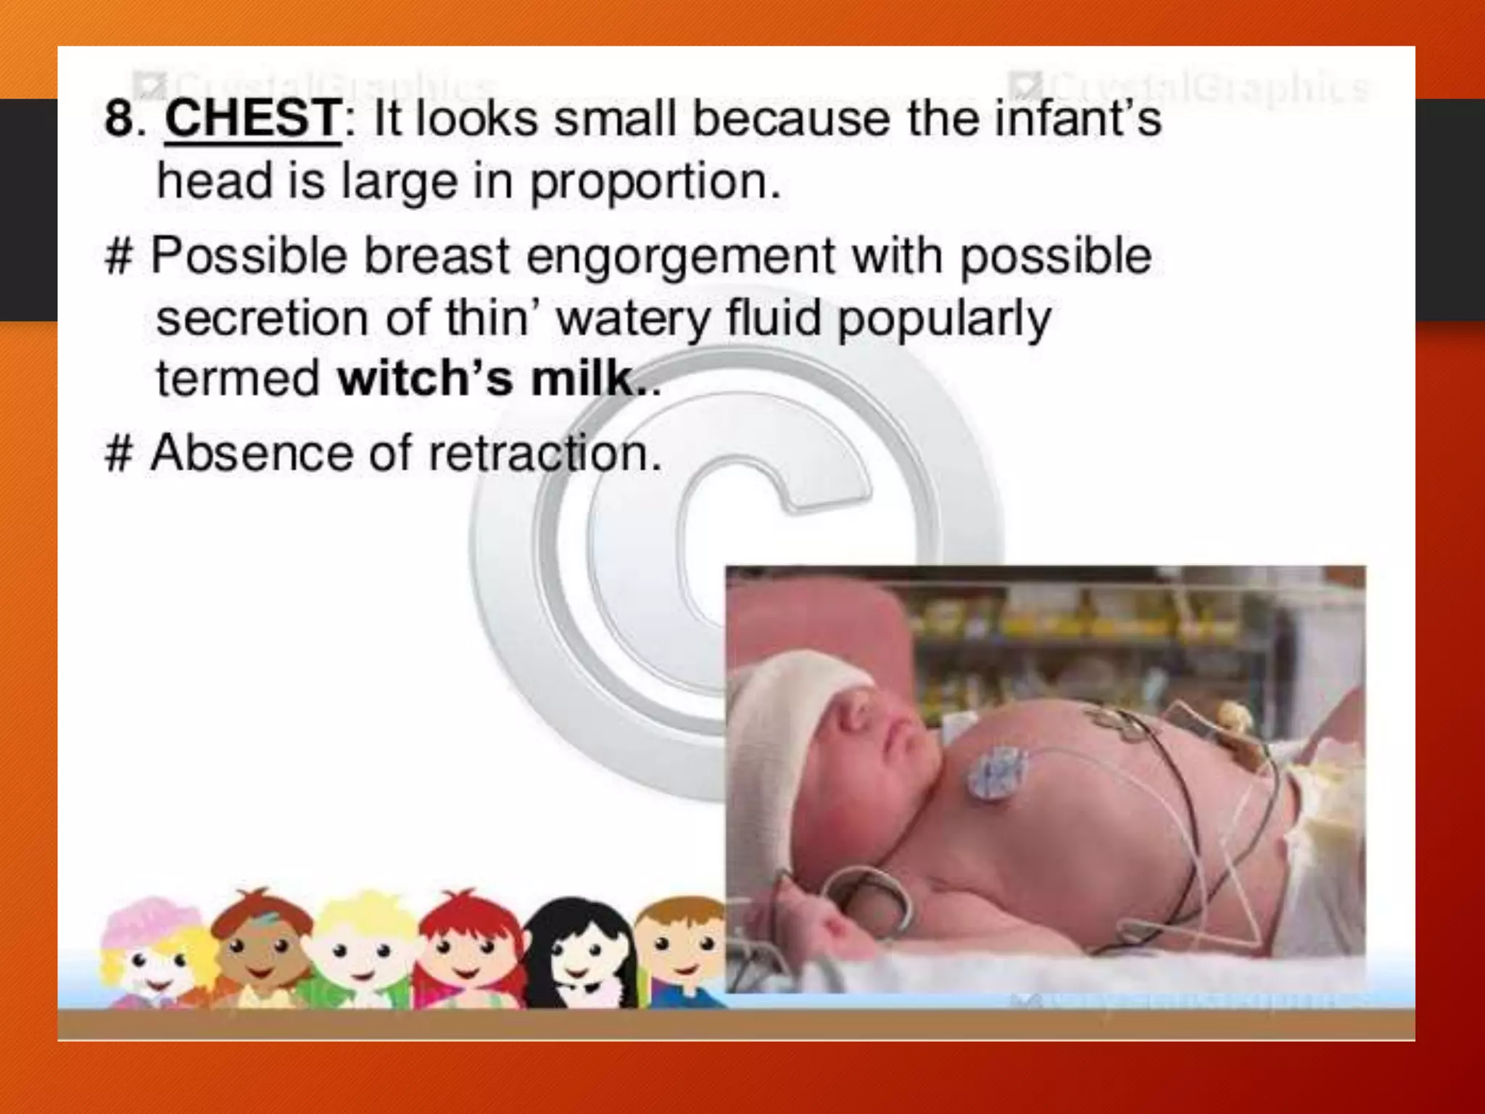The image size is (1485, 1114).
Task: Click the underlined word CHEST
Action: [x=252, y=118]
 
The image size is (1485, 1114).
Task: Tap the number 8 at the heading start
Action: [x=120, y=118]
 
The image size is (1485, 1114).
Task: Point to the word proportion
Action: [x=655, y=181]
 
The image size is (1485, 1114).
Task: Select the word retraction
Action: [x=545, y=453]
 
